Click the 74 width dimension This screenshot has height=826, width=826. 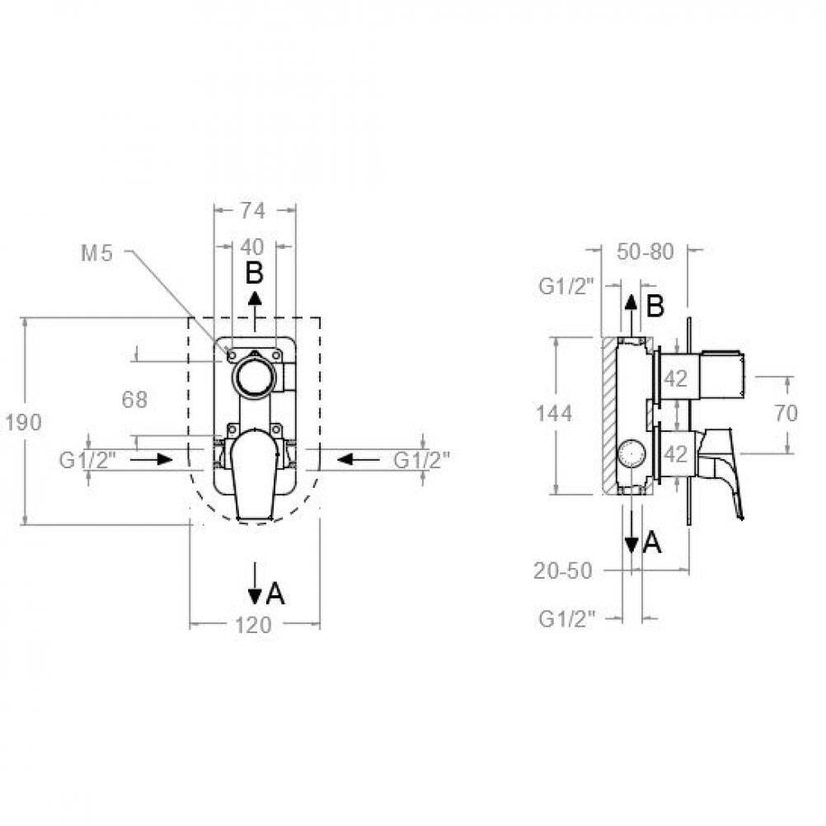point(253,211)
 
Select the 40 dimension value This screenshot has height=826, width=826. point(252,246)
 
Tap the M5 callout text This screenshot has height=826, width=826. point(97,254)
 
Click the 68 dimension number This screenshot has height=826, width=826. point(134,400)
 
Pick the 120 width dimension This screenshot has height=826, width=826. point(253,626)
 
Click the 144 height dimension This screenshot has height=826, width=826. point(554,414)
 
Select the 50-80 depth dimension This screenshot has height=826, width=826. point(645,251)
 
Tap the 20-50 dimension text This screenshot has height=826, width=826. point(563,570)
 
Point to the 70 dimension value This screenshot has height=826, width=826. point(786,414)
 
